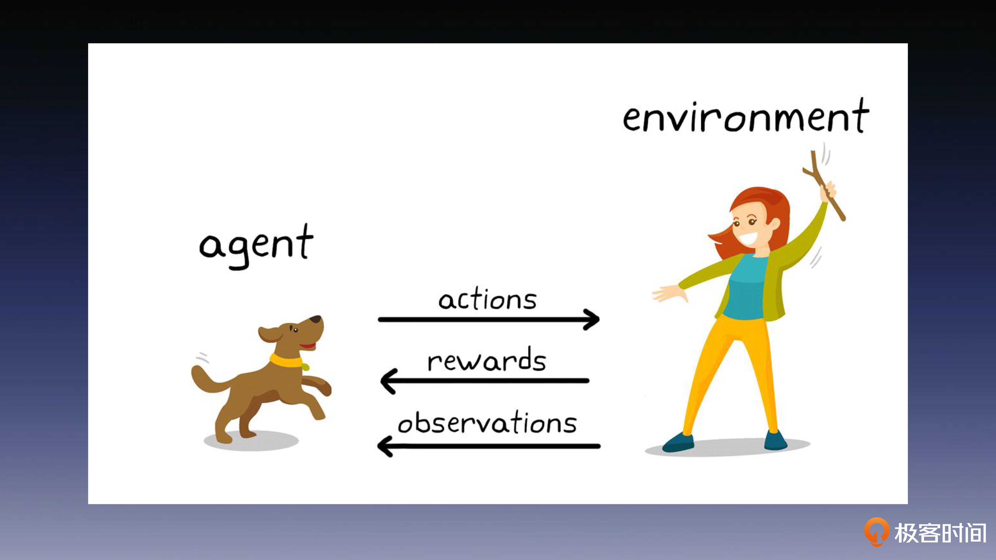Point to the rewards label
pyautogui.click(x=487, y=359)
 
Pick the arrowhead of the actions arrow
pyautogui.click(x=591, y=319)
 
